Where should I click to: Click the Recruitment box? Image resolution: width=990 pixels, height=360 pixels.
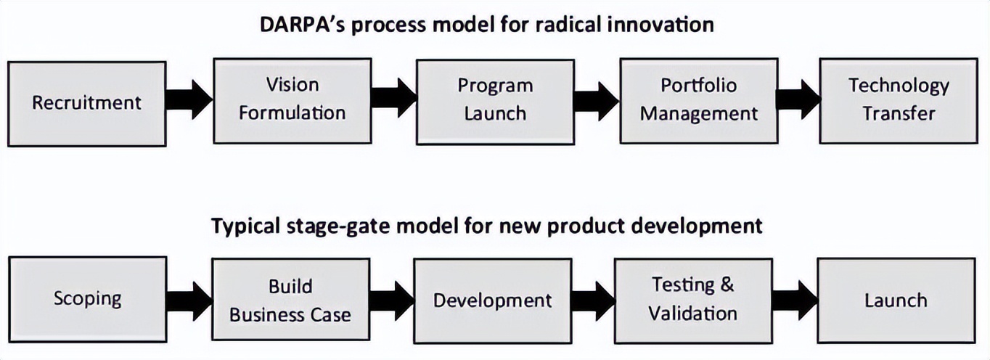click(87, 104)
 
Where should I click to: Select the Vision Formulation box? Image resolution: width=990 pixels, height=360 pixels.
click(292, 101)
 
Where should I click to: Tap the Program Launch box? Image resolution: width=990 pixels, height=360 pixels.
click(496, 102)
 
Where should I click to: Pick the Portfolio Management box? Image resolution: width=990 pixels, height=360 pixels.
click(699, 101)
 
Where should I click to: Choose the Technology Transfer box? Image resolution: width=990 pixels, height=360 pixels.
click(899, 101)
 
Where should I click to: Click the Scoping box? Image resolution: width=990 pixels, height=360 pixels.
click(88, 300)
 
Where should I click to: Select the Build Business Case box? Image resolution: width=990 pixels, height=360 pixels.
click(290, 300)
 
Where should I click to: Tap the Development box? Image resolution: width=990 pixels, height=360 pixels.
click(492, 301)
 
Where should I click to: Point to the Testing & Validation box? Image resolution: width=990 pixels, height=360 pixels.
click(693, 300)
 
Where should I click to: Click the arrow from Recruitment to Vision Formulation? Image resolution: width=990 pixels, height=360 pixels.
click(189, 99)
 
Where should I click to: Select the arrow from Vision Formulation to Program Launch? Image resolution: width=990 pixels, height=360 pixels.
click(394, 98)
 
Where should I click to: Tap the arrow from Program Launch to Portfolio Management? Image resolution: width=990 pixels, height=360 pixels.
click(597, 101)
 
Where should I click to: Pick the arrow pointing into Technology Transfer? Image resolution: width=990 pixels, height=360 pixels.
click(798, 99)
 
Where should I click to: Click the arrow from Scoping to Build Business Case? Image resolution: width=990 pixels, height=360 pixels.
click(189, 300)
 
